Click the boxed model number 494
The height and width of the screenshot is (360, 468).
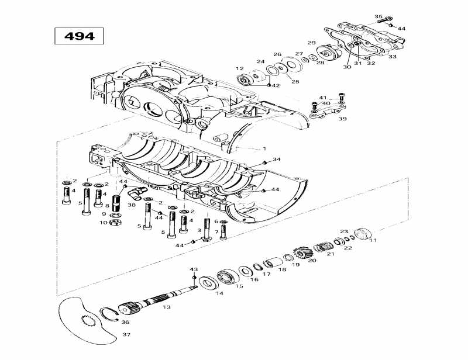coord(79,36)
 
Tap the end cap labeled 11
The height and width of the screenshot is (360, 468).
coord(362,235)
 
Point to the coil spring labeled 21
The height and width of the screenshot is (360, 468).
coord(322,247)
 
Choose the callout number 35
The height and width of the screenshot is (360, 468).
coord(378,17)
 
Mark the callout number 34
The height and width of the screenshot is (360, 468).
coord(277,160)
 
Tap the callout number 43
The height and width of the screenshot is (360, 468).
coord(194,269)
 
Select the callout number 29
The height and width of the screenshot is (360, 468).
coord(312,43)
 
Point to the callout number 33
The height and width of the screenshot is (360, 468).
coord(392,57)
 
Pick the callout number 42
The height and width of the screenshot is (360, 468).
coord(276,85)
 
